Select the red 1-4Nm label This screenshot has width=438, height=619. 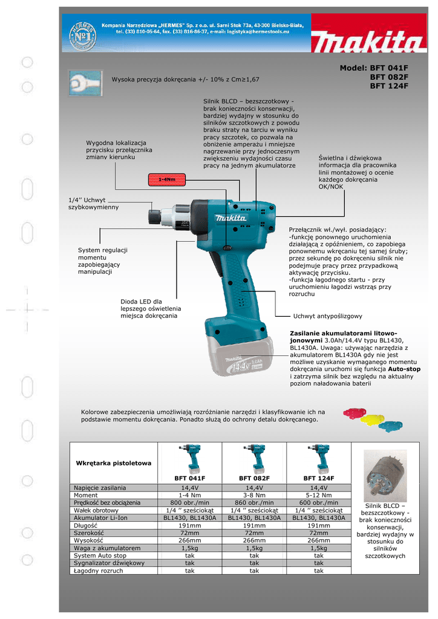click(166, 180)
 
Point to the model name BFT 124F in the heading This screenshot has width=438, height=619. click(389, 86)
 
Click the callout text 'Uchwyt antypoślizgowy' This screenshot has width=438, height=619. click(327, 316)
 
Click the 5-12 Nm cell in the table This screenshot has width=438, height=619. click(319, 494)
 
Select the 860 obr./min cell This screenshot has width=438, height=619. click(254, 502)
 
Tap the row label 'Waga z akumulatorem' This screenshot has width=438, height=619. click(107, 548)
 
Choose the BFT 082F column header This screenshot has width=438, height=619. click(254, 478)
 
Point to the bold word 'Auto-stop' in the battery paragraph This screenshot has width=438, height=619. click(405, 368)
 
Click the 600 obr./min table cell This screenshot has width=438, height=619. click(319, 502)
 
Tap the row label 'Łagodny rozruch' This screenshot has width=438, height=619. click(99, 571)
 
